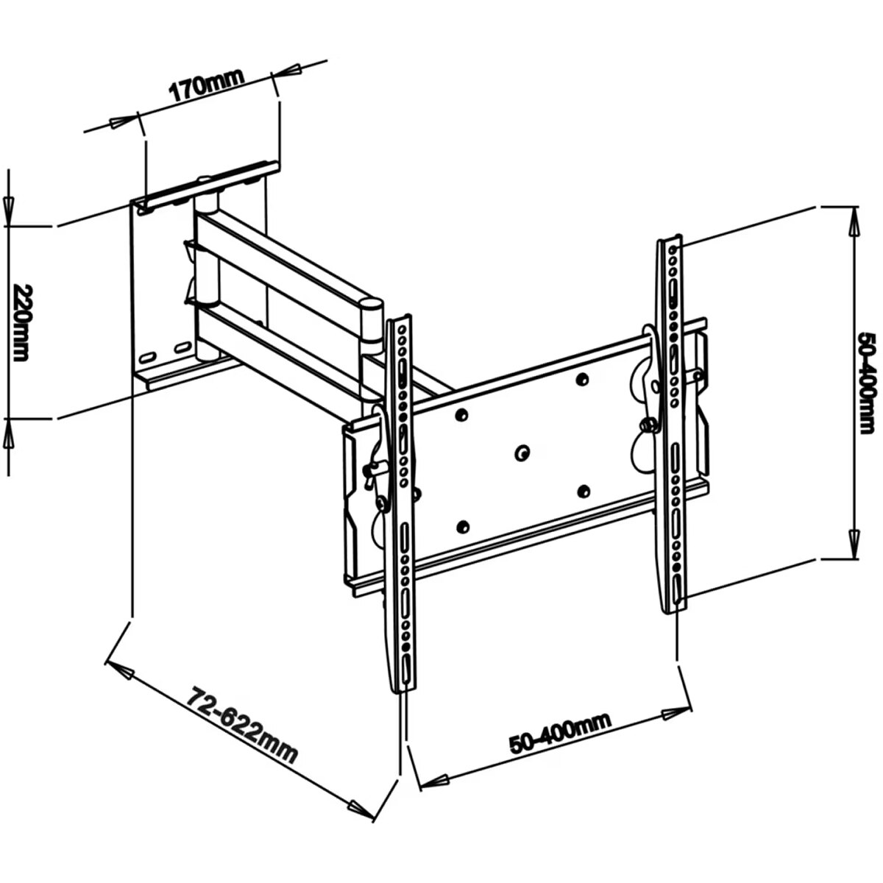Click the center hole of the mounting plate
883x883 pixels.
click(521, 453)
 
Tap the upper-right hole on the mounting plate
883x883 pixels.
click(582, 379)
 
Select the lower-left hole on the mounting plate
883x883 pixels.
click(462, 527)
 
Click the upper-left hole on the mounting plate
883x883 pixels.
click(462, 415)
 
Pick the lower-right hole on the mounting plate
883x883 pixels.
click(582, 490)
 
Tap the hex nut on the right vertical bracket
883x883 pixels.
click(648, 425)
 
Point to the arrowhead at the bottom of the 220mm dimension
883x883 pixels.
click(9, 434)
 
